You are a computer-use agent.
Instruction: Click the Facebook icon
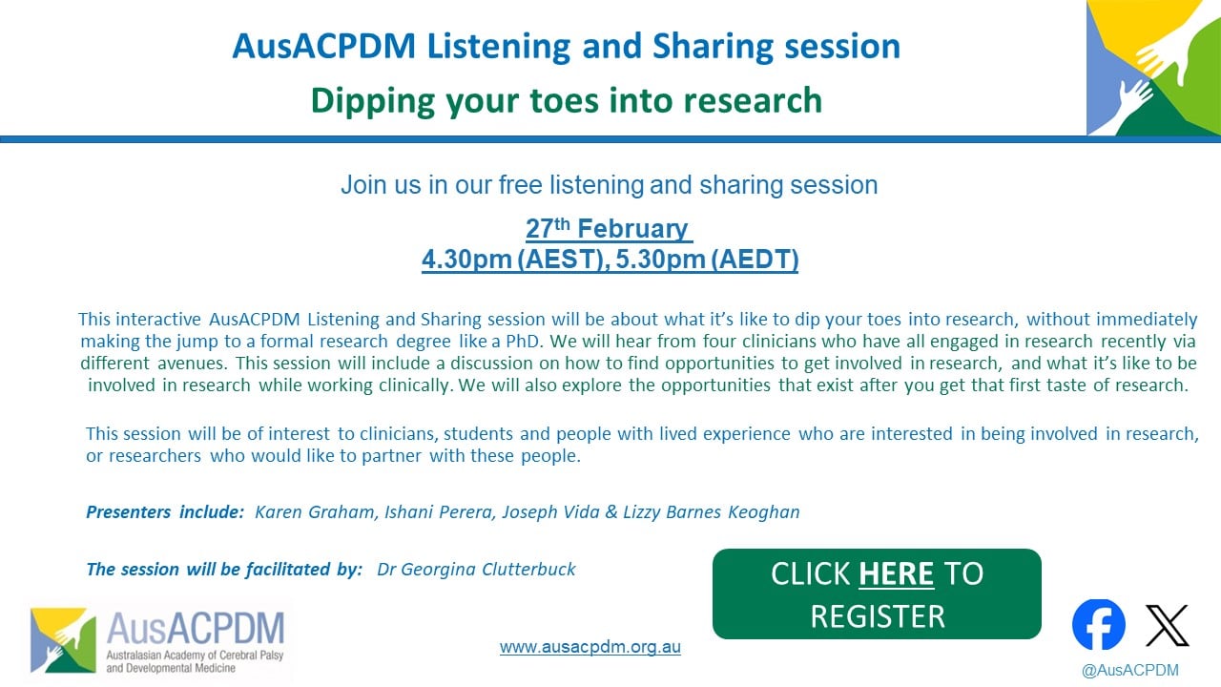1098,624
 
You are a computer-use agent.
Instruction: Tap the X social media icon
1167,625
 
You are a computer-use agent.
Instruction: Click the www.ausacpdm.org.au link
590,647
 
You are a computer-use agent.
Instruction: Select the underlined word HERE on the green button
896,573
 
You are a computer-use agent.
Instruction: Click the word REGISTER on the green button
877,616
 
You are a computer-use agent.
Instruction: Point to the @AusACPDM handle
1130,670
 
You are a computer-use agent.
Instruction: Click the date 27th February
608,228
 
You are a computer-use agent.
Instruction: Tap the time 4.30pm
466,259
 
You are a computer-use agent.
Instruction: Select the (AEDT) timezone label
755,260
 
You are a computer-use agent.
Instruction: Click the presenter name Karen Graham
315,512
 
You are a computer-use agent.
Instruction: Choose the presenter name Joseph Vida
550,512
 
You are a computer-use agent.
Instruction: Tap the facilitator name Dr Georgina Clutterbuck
476,570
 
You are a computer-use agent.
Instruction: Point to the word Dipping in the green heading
372,101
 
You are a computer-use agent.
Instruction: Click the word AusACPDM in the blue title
324,46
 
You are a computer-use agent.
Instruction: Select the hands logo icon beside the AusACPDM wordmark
63,640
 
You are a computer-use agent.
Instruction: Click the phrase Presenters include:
165,512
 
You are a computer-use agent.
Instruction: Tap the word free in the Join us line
521,185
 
